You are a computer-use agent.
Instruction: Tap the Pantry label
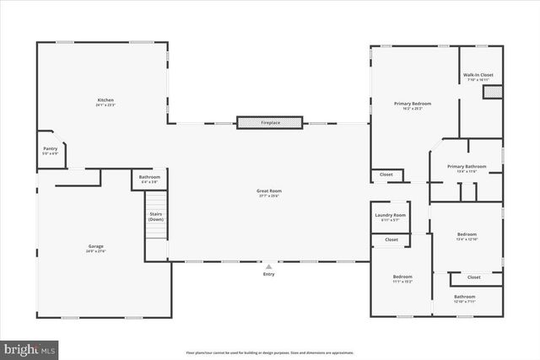tap(51, 150)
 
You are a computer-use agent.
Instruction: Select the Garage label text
tap(95, 248)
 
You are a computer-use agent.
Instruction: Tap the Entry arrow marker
tap(269, 266)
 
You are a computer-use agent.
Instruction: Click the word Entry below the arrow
tap(269, 274)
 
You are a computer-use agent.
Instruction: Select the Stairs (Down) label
tap(155, 216)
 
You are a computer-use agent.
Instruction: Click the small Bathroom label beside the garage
tap(148, 179)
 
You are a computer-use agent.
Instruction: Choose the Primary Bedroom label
tap(413, 105)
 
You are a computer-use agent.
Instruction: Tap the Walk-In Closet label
tap(478, 77)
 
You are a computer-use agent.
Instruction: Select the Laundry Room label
tap(391, 217)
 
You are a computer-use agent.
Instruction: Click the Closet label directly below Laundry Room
tap(391, 239)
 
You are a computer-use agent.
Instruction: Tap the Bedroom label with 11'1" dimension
tap(402, 279)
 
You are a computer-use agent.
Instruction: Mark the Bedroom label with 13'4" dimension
tap(467, 236)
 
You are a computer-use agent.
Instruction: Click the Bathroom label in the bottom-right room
tap(465, 298)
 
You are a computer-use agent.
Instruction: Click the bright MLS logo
tap(30, 347)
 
